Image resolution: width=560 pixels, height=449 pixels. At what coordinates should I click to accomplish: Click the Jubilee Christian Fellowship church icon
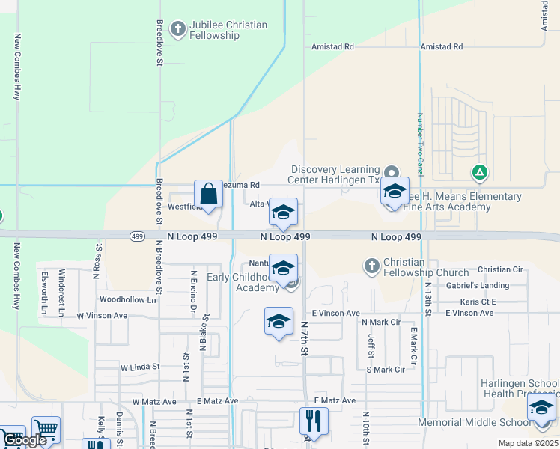177,30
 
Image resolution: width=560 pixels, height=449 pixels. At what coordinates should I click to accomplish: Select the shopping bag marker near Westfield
209,195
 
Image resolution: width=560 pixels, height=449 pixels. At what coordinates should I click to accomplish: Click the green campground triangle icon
480,173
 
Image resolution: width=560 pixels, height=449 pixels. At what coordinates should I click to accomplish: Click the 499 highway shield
136,236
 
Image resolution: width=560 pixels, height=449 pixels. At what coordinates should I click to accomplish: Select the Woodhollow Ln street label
128,299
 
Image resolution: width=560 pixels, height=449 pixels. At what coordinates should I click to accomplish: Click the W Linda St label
140,367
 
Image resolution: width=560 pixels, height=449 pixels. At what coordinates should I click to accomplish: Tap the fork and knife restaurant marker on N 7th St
313,421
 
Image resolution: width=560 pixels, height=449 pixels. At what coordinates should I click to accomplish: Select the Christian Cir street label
500,269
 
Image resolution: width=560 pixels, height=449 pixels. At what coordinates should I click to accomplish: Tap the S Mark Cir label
385,370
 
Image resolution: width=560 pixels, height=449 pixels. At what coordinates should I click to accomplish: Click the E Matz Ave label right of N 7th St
335,401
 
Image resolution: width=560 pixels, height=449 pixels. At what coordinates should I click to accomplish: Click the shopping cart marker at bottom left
46,430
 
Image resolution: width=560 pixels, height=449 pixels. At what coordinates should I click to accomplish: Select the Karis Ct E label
478,302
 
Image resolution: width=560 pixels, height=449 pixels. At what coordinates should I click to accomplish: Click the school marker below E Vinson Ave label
279,322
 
